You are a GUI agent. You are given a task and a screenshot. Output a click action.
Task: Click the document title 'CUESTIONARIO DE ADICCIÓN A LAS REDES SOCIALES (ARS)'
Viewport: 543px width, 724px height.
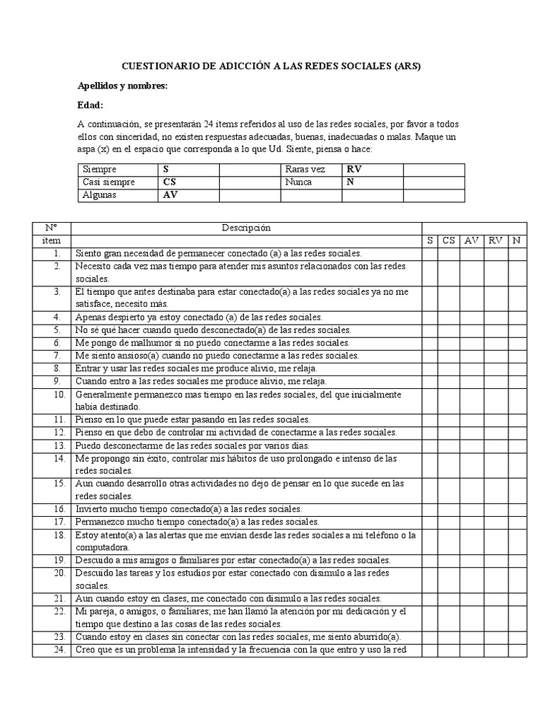(271, 66)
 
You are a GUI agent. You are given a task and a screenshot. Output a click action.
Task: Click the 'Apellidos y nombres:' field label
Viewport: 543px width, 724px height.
(122, 86)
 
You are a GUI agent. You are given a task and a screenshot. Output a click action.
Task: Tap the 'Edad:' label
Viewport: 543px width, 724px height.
(90, 105)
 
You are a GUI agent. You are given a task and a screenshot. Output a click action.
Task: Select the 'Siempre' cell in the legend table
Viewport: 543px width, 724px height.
(100, 170)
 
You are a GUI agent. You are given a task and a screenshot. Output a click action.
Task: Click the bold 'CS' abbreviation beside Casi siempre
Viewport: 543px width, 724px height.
(170, 182)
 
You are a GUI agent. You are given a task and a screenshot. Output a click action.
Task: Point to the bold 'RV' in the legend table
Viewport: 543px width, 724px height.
(354, 170)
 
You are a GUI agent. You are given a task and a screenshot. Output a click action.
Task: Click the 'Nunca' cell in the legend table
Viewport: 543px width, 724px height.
(298, 182)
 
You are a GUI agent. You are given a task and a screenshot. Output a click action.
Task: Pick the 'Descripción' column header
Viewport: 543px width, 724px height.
(245, 228)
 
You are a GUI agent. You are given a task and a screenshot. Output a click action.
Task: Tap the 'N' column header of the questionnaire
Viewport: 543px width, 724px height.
(516, 241)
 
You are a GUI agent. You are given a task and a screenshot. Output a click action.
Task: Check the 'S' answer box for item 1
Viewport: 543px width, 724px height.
(430, 253)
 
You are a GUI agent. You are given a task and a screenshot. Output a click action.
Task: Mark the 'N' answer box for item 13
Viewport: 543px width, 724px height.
(516, 446)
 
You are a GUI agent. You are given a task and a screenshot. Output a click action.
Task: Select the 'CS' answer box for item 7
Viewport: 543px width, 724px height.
(449, 356)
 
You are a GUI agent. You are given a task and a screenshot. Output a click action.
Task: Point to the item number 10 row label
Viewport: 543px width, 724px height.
(59, 395)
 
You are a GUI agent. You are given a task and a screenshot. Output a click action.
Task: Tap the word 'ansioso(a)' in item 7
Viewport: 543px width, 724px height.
(139, 356)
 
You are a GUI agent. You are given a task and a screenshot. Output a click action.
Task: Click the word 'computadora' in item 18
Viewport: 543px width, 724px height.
(102, 548)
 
